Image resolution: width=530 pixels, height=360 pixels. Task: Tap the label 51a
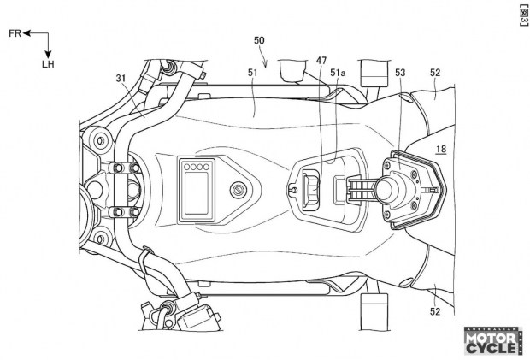(339, 74)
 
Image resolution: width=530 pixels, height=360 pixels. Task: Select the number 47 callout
(321, 61)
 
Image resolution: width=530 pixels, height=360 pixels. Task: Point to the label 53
(400, 74)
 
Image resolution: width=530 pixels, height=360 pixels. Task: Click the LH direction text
(48, 64)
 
